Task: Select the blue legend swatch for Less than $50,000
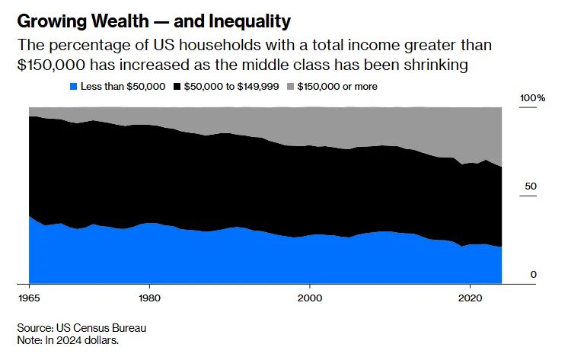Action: tap(73, 87)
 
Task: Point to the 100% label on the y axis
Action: tap(532, 98)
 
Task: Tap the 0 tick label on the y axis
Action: tap(534, 275)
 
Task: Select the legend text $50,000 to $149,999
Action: tap(232, 87)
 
